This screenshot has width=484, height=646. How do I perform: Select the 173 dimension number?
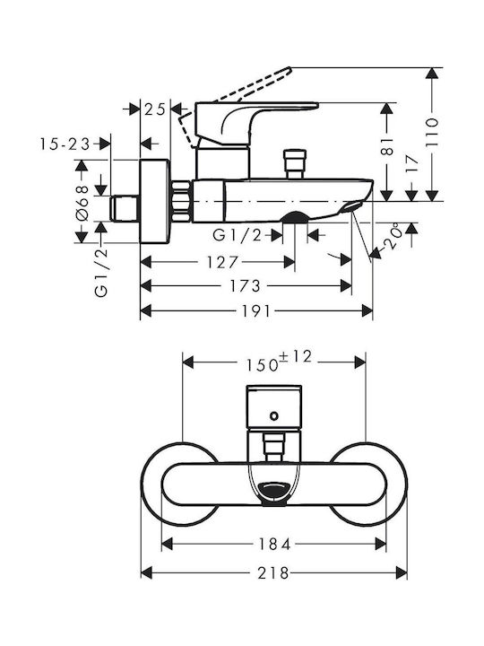pos(245,286)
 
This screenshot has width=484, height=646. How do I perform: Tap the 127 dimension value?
pos(222,262)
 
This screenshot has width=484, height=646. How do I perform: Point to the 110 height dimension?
pos(432,132)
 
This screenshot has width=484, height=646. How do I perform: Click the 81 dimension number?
pos(387,147)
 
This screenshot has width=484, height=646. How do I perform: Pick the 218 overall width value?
pos(273,573)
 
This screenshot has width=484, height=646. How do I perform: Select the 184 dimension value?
pos(274,545)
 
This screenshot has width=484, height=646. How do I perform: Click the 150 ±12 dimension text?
pos(279,361)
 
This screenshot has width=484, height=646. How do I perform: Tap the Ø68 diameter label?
pos(82,204)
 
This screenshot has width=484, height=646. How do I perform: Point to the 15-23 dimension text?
pos(65,144)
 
